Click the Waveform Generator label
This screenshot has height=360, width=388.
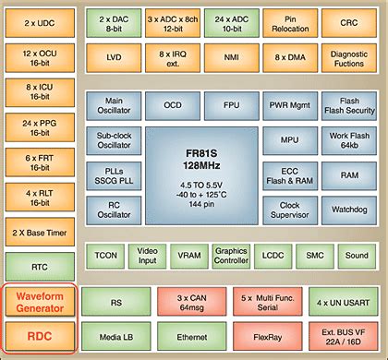point(38,301)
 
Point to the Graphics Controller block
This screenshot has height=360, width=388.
point(230,255)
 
